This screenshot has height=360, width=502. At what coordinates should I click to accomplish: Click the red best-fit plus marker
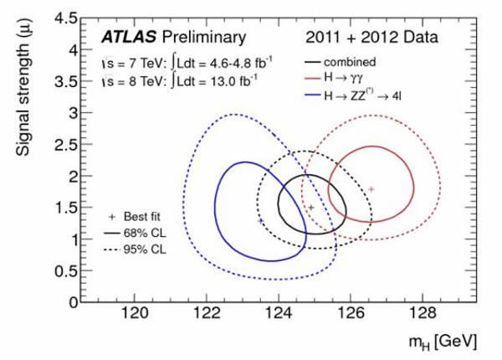[x=371, y=189]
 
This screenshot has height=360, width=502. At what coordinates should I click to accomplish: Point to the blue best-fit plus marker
[x=260, y=220]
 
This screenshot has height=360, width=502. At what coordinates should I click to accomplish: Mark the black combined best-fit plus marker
[x=311, y=207]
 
